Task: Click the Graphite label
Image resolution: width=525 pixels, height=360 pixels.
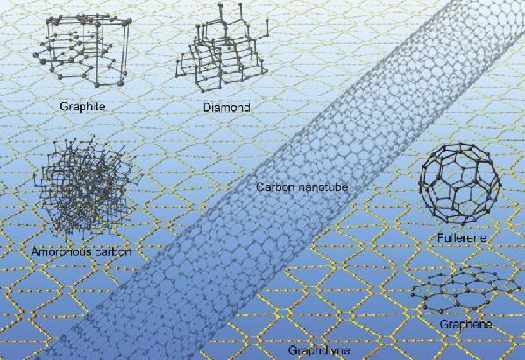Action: click(x=82, y=107)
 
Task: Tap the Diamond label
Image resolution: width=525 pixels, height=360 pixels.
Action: click(x=227, y=108)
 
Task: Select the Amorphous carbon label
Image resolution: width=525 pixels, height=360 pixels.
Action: click(x=81, y=251)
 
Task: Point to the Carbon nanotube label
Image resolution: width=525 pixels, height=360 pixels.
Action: click(x=302, y=187)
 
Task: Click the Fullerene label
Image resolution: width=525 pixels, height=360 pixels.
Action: click(x=462, y=238)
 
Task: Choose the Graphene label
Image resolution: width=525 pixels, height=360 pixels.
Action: click(x=465, y=324)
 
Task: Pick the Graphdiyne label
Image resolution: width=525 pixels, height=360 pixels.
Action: click(x=319, y=350)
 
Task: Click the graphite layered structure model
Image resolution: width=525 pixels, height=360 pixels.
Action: click(x=82, y=50)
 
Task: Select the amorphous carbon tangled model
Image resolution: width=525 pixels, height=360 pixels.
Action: click(x=87, y=187)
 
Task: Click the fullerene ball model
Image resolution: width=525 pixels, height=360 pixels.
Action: click(x=460, y=184)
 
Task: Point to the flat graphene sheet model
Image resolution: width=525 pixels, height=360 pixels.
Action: click(x=465, y=289)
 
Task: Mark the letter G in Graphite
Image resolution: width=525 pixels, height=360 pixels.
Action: click(x=64, y=107)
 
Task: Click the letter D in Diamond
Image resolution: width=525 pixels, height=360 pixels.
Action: click(x=208, y=108)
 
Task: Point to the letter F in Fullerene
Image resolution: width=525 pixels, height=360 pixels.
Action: click(x=441, y=237)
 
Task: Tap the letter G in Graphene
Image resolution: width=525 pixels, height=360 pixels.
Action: click(x=444, y=324)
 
